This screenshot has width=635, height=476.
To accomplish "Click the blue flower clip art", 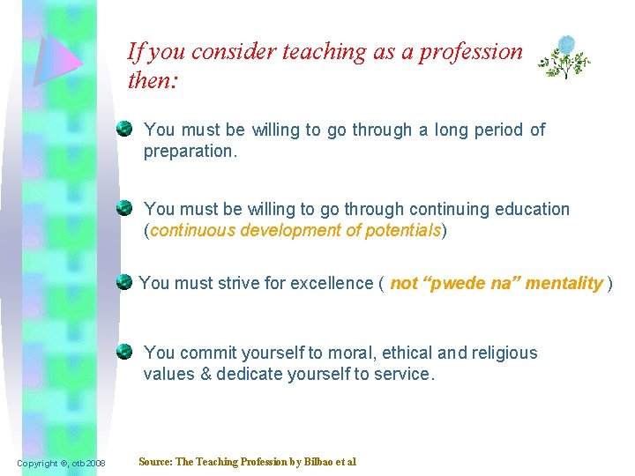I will pyautogui.click(x=564, y=56).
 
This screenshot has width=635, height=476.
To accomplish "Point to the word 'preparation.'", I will pyautogui.click(x=189, y=151).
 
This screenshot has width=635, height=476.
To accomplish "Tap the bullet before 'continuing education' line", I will pyautogui.click(x=126, y=209).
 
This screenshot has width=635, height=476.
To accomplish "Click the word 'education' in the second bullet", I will pyautogui.click(x=529, y=209).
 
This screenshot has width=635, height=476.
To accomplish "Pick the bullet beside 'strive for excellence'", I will pyautogui.click(x=126, y=283).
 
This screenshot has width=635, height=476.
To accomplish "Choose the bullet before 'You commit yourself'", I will pyautogui.click(x=126, y=353).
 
